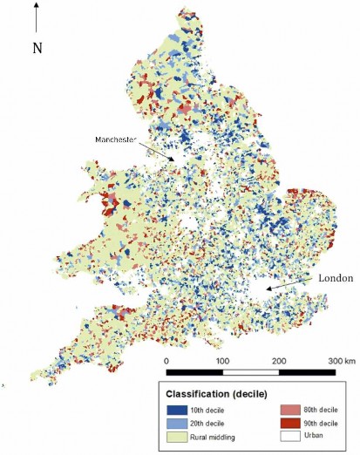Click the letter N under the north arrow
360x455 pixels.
pyautogui.click(x=37, y=48)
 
